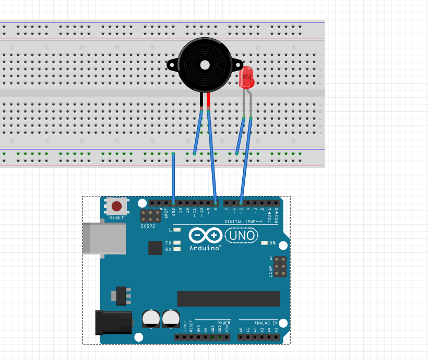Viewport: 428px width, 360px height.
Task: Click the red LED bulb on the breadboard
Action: [x=246, y=77]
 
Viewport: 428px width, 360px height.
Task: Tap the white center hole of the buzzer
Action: [x=205, y=65]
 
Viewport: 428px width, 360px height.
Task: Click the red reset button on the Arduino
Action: [x=117, y=206]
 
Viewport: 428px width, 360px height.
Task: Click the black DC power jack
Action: [x=113, y=322]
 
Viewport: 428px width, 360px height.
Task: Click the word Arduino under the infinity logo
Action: [x=205, y=248]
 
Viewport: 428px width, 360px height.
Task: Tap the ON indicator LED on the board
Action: [x=265, y=243]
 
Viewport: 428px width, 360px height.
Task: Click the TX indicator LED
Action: [x=177, y=243]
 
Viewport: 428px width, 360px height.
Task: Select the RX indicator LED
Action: [x=177, y=249]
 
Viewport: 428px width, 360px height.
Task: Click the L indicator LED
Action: [x=177, y=230]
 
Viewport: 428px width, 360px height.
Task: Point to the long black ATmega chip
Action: [x=229, y=299]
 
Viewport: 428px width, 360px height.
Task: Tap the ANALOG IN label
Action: [x=266, y=323]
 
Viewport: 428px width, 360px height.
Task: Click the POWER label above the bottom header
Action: [x=223, y=323]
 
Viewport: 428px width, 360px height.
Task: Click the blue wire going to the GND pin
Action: [x=173, y=178]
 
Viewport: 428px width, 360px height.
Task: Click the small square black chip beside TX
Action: [x=155, y=248]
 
